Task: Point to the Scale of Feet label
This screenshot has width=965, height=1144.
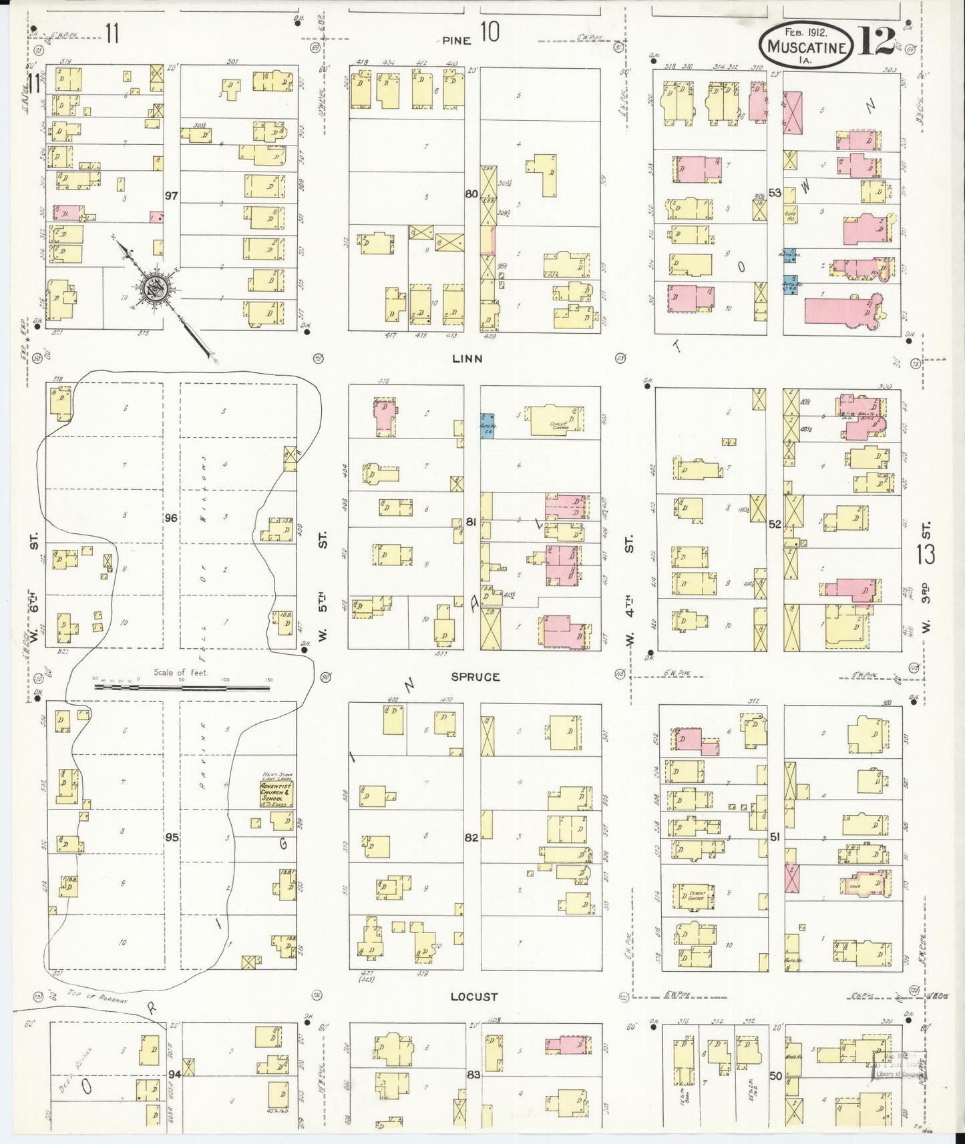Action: tap(180, 672)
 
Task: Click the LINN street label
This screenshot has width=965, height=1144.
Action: tap(467, 358)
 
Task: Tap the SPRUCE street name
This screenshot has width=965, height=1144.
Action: tap(475, 677)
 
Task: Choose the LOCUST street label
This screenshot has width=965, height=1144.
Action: tap(473, 996)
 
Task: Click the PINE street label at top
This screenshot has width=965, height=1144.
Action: tap(457, 40)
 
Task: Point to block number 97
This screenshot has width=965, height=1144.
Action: tap(172, 196)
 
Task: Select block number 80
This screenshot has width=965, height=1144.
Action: tap(471, 194)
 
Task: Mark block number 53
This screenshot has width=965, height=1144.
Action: tap(775, 193)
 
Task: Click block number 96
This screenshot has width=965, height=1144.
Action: tap(172, 518)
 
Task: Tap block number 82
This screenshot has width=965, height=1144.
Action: tap(471, 838)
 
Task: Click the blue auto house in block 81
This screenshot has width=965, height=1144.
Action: tap(487, 425)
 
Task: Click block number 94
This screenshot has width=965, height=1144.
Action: tap(175, 1074)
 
